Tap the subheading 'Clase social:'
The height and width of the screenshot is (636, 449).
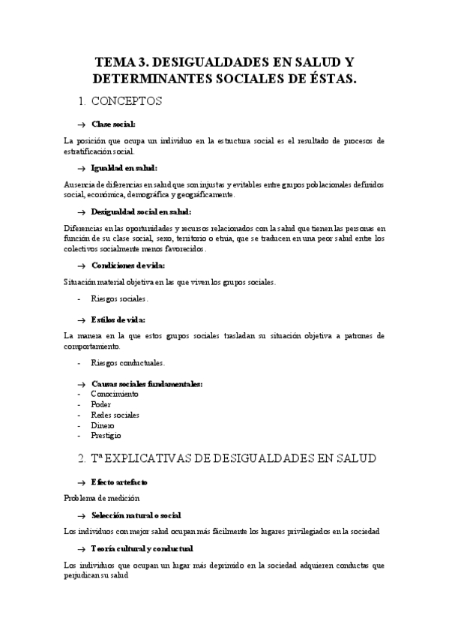tap(113, 124)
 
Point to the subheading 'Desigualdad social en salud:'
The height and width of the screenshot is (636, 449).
tap(141, 211)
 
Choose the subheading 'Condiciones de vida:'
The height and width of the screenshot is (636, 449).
tap(128, 265)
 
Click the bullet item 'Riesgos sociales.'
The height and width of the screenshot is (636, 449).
tap(120, 298)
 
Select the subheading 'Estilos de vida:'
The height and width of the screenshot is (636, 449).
tap(118, 319)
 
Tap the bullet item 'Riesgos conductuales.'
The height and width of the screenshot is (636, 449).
tap(127, 363)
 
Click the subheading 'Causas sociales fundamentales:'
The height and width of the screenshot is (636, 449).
tap(147, 384)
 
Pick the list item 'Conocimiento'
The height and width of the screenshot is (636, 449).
tap(115, 394)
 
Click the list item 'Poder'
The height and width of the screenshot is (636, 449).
tap(101, 404)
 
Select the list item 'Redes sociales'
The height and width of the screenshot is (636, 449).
tap(115, 415)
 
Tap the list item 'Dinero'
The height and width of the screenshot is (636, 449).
tap(103, 425)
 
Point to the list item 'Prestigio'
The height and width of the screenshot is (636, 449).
tap(106, 436)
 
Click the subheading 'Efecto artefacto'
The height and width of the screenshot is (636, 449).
tap(120, 481)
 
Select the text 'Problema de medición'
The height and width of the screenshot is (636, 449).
tap(101, 497)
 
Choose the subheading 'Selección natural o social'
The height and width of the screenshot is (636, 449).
tap(136, 515)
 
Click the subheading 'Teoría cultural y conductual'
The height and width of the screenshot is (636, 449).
tap(142, 548)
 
